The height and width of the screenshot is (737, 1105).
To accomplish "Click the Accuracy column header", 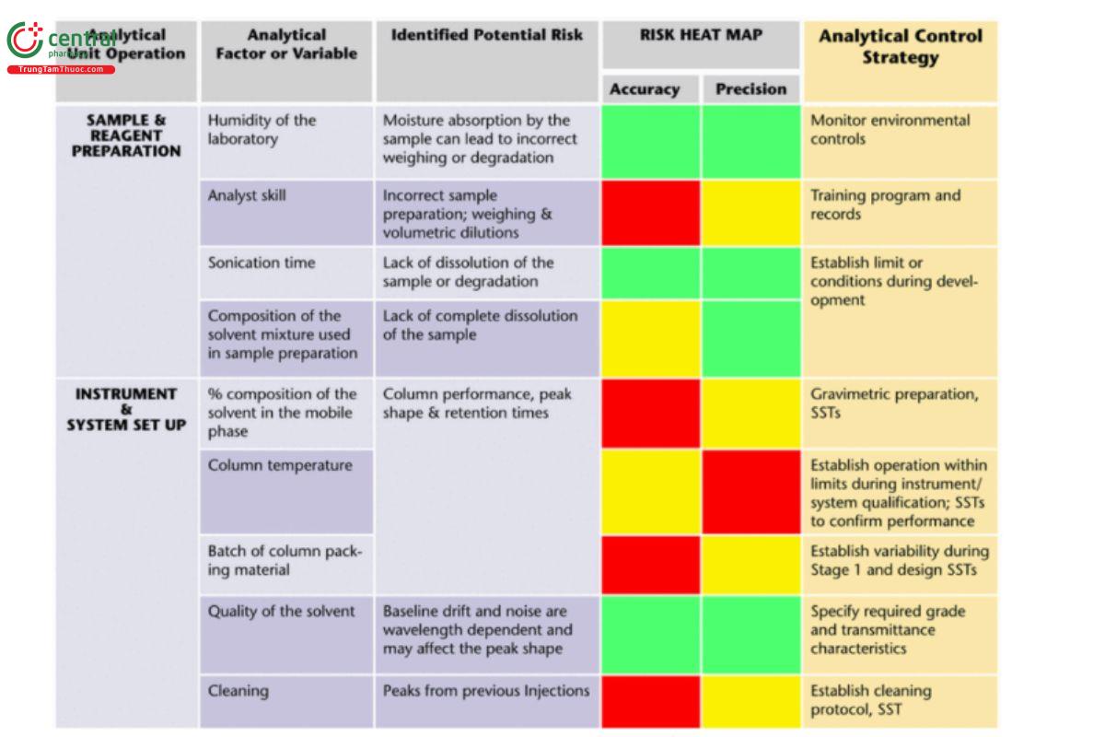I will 645,89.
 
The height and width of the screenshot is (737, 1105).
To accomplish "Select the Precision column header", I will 750,89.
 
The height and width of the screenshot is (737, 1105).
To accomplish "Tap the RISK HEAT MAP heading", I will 701,36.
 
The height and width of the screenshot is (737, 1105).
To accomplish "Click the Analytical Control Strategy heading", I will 900,47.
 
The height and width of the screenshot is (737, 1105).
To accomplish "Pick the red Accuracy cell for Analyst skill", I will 650,212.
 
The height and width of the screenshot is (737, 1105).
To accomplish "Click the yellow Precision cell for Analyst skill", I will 750,212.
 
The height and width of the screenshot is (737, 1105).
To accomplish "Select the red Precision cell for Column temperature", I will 750,492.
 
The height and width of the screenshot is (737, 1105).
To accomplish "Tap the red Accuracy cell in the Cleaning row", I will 650,700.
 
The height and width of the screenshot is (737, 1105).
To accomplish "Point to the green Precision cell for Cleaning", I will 750,700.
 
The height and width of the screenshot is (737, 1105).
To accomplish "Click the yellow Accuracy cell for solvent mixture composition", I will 650,338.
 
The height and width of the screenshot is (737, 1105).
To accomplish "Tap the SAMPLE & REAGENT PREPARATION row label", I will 127,135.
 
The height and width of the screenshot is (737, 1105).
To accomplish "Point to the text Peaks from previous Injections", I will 486,691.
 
